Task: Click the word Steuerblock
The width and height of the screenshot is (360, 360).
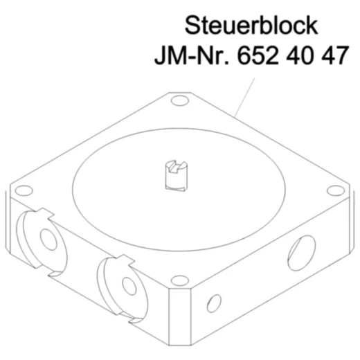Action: click(x=251, y=26)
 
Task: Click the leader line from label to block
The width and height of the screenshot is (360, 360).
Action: click(x=246, y=93)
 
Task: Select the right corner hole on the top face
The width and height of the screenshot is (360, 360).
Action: click(x=334, y=190)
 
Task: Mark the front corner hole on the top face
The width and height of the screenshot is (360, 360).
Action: click(x=180, y=280)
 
